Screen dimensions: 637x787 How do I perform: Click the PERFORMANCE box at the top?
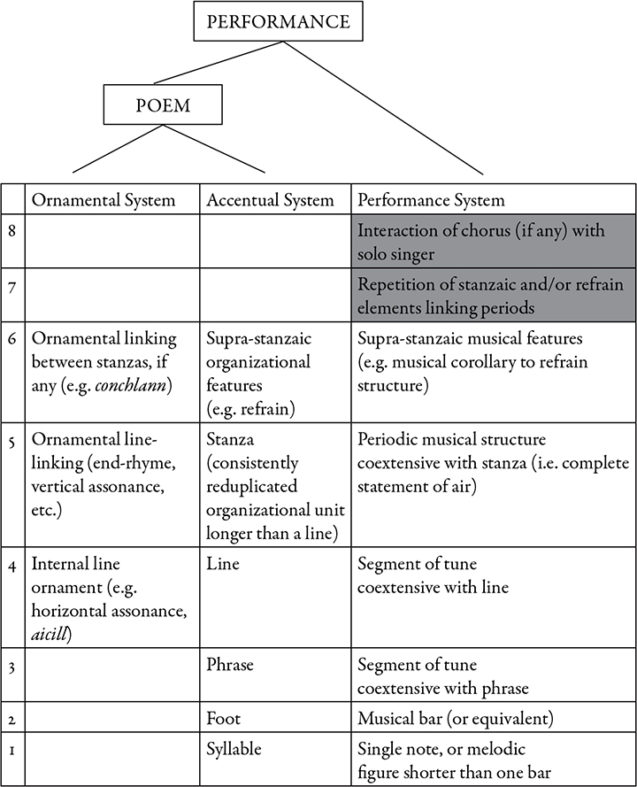coord(278,22)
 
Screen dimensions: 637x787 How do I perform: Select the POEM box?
coord(163,104)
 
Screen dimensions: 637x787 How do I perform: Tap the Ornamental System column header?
coord(104,200)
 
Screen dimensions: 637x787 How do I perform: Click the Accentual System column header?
coord(270,200)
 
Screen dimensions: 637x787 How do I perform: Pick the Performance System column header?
coord(431,200)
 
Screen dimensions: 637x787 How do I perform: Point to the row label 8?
coord(12,231)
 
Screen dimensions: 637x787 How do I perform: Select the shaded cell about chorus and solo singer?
coord(494,242)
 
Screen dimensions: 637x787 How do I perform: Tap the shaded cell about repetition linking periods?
coord(494,295)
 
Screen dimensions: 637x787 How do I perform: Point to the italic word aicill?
coord(50,635)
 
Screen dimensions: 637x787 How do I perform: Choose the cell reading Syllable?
coord(234,749)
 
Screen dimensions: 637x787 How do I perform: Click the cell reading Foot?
coord(223,718)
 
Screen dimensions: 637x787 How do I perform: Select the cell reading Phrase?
coord(230,665)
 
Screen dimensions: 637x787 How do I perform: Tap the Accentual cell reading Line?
coord(223,564)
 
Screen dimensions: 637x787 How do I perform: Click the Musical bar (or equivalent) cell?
coord(456,718)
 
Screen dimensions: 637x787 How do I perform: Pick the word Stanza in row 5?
coord(230,439)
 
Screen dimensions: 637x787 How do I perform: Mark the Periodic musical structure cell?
coord(493,463)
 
